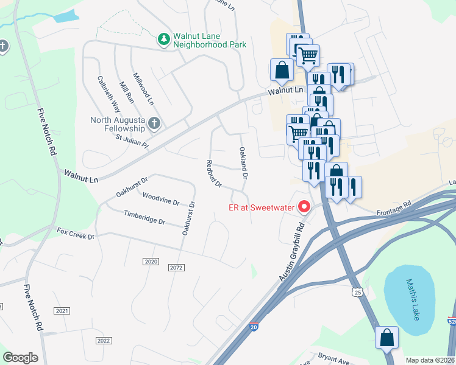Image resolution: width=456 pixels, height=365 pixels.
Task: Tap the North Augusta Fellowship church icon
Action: click(154, 123)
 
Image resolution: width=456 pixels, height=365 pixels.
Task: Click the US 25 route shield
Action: click(358, 293)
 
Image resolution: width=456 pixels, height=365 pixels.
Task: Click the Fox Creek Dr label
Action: click(76, 233)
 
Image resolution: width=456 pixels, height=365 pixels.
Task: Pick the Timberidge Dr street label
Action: click(144, 218)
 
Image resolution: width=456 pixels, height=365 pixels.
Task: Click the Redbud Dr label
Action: click(213, 173)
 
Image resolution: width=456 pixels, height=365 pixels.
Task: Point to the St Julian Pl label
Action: click(132, 141)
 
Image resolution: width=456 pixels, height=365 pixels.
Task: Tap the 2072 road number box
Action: click(176, 268)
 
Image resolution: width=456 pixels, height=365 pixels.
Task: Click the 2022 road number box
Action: click(104, 340)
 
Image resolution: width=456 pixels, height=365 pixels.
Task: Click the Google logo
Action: click(21, 358)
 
